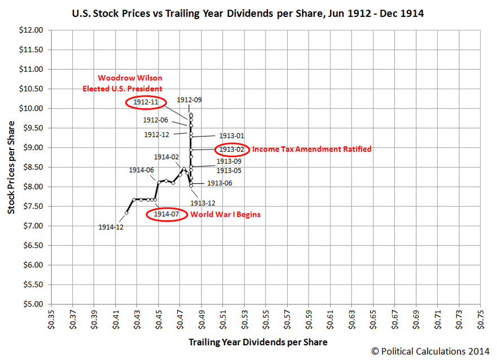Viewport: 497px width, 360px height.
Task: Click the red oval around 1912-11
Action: pos(146,102)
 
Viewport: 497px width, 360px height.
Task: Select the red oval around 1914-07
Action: pos(167,214)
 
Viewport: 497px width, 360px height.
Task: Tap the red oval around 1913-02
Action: pos(231,150)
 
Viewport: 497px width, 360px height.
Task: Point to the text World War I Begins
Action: pos(226,214)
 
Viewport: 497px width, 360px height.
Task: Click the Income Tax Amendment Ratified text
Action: pos(311,150)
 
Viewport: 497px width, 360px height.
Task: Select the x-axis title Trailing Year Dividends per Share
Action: pos(258,342)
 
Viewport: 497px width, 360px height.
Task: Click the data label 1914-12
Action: pos(111,227)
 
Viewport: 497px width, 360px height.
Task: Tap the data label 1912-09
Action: pos(189,100)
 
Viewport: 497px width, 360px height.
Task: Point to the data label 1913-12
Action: pos(203,203)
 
